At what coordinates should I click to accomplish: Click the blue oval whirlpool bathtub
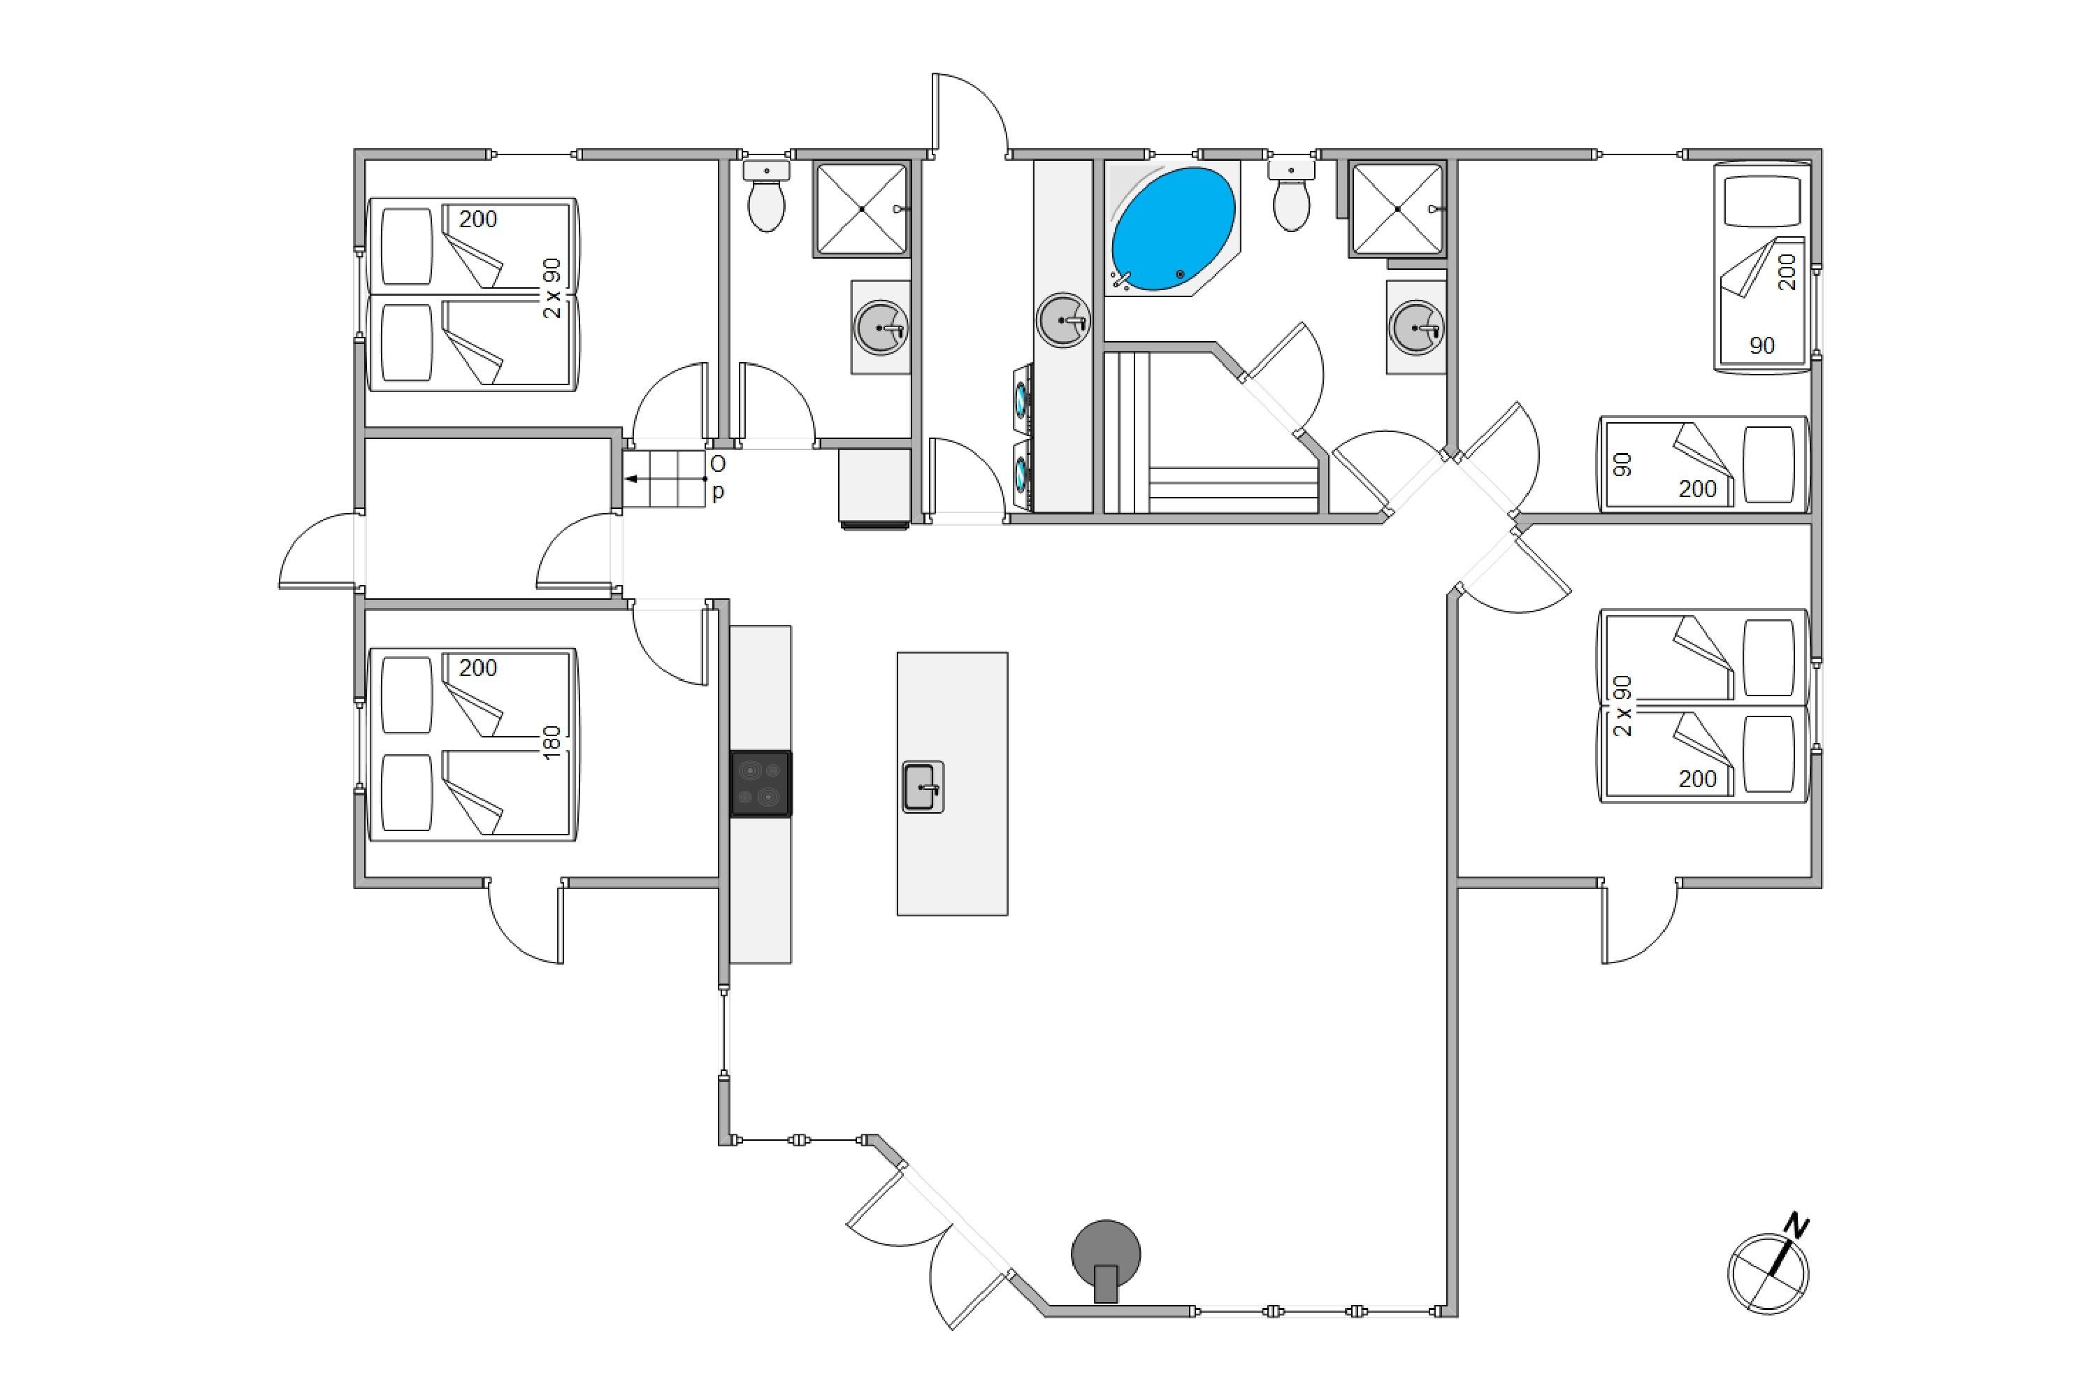[x=1174, y=229]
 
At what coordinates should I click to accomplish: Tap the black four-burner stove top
[x=761, y=784]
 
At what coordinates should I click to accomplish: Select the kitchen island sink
[x=923, y=787]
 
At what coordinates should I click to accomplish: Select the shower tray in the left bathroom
[x=861, y=208]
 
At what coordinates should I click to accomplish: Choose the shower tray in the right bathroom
[x=1397, y=208]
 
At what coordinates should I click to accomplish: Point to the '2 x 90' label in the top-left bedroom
[x=553, y=288]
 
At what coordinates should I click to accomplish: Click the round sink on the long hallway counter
[x=1064, y=320]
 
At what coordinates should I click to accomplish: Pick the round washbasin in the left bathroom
[x=881, y=328]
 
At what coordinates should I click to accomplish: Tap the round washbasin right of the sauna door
[x=1416, y=328]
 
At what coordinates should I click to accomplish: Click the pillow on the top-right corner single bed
[x=1761, y=201]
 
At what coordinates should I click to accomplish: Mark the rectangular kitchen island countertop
[x=952, y=784]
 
